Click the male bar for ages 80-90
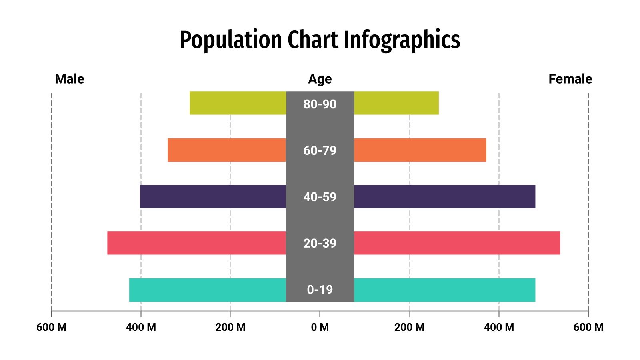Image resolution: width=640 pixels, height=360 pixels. (238, 103)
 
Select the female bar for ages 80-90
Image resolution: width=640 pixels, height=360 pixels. (396, 103)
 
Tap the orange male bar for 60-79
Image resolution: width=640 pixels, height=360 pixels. (227, 150)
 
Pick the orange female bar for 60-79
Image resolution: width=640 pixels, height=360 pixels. (420, 150)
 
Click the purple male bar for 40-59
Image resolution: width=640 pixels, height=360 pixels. (213, 196)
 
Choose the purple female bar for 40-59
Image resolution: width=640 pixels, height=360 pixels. (444, 196)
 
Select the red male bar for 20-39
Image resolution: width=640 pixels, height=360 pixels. (196, 243)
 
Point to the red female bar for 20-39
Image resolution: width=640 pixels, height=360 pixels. (457, 243)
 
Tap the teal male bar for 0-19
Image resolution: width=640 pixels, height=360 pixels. (208, 290)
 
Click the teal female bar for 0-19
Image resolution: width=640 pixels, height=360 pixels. (444, 290)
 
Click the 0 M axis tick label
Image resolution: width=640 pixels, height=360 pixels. (320, 327)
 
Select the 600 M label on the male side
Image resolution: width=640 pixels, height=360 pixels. (51, 327)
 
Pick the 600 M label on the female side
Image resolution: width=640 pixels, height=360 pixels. (588, 327)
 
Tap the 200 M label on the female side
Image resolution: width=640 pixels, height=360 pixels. (409, 327)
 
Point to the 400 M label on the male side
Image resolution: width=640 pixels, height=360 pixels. (141, 327)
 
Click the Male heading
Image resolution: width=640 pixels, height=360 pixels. (69, 79)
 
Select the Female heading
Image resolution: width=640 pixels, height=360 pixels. (570, 79)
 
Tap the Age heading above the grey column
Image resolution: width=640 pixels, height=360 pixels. (320, 79)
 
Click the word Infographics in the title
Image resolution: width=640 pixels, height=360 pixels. (402, 40)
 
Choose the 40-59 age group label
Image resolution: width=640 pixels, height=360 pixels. (320, 197)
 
